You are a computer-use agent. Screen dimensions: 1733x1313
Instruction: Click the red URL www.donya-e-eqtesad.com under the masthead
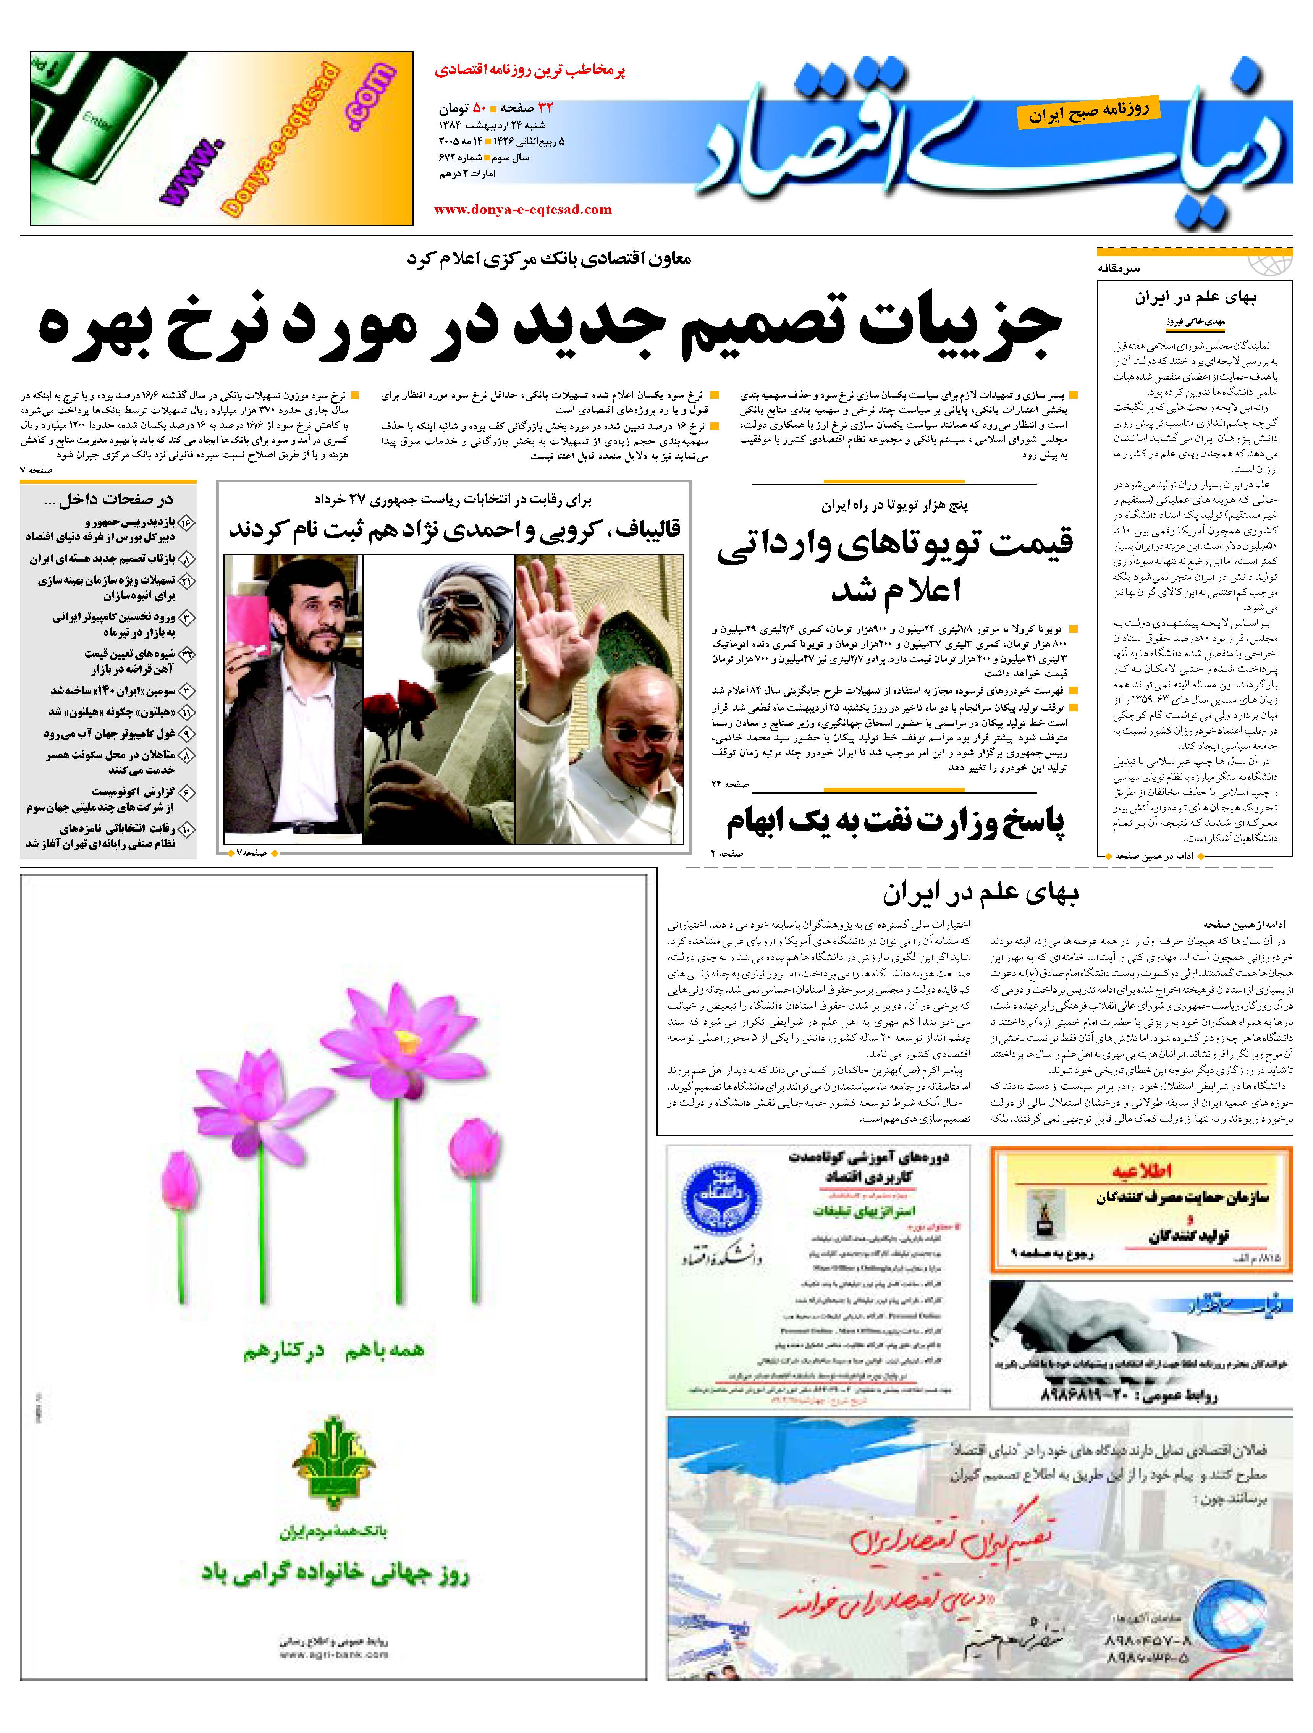522,209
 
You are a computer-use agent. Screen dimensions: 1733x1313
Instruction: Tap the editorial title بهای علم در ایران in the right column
1195,298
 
